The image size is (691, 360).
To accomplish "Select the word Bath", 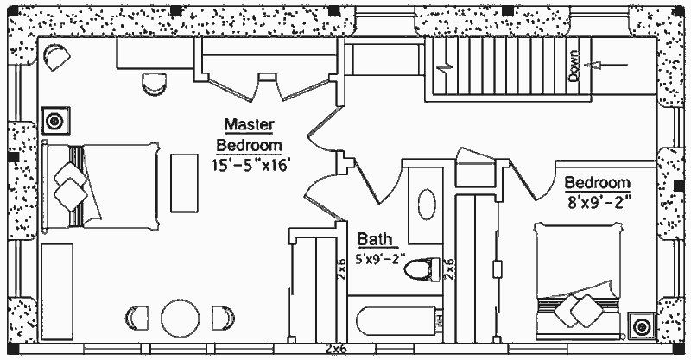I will tap(376, 240).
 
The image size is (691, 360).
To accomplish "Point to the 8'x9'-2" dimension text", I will tap(599, 205).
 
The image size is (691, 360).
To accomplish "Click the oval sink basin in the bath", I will tap(427, 206).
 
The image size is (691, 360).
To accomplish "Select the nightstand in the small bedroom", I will tap(642, 326).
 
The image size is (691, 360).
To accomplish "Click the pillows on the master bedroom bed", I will tap(69, 184).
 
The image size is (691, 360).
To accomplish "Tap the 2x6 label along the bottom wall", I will tap(336, 349).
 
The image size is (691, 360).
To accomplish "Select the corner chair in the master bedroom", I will tap(55, 56).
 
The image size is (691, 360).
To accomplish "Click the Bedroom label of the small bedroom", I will tap(598, 184).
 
